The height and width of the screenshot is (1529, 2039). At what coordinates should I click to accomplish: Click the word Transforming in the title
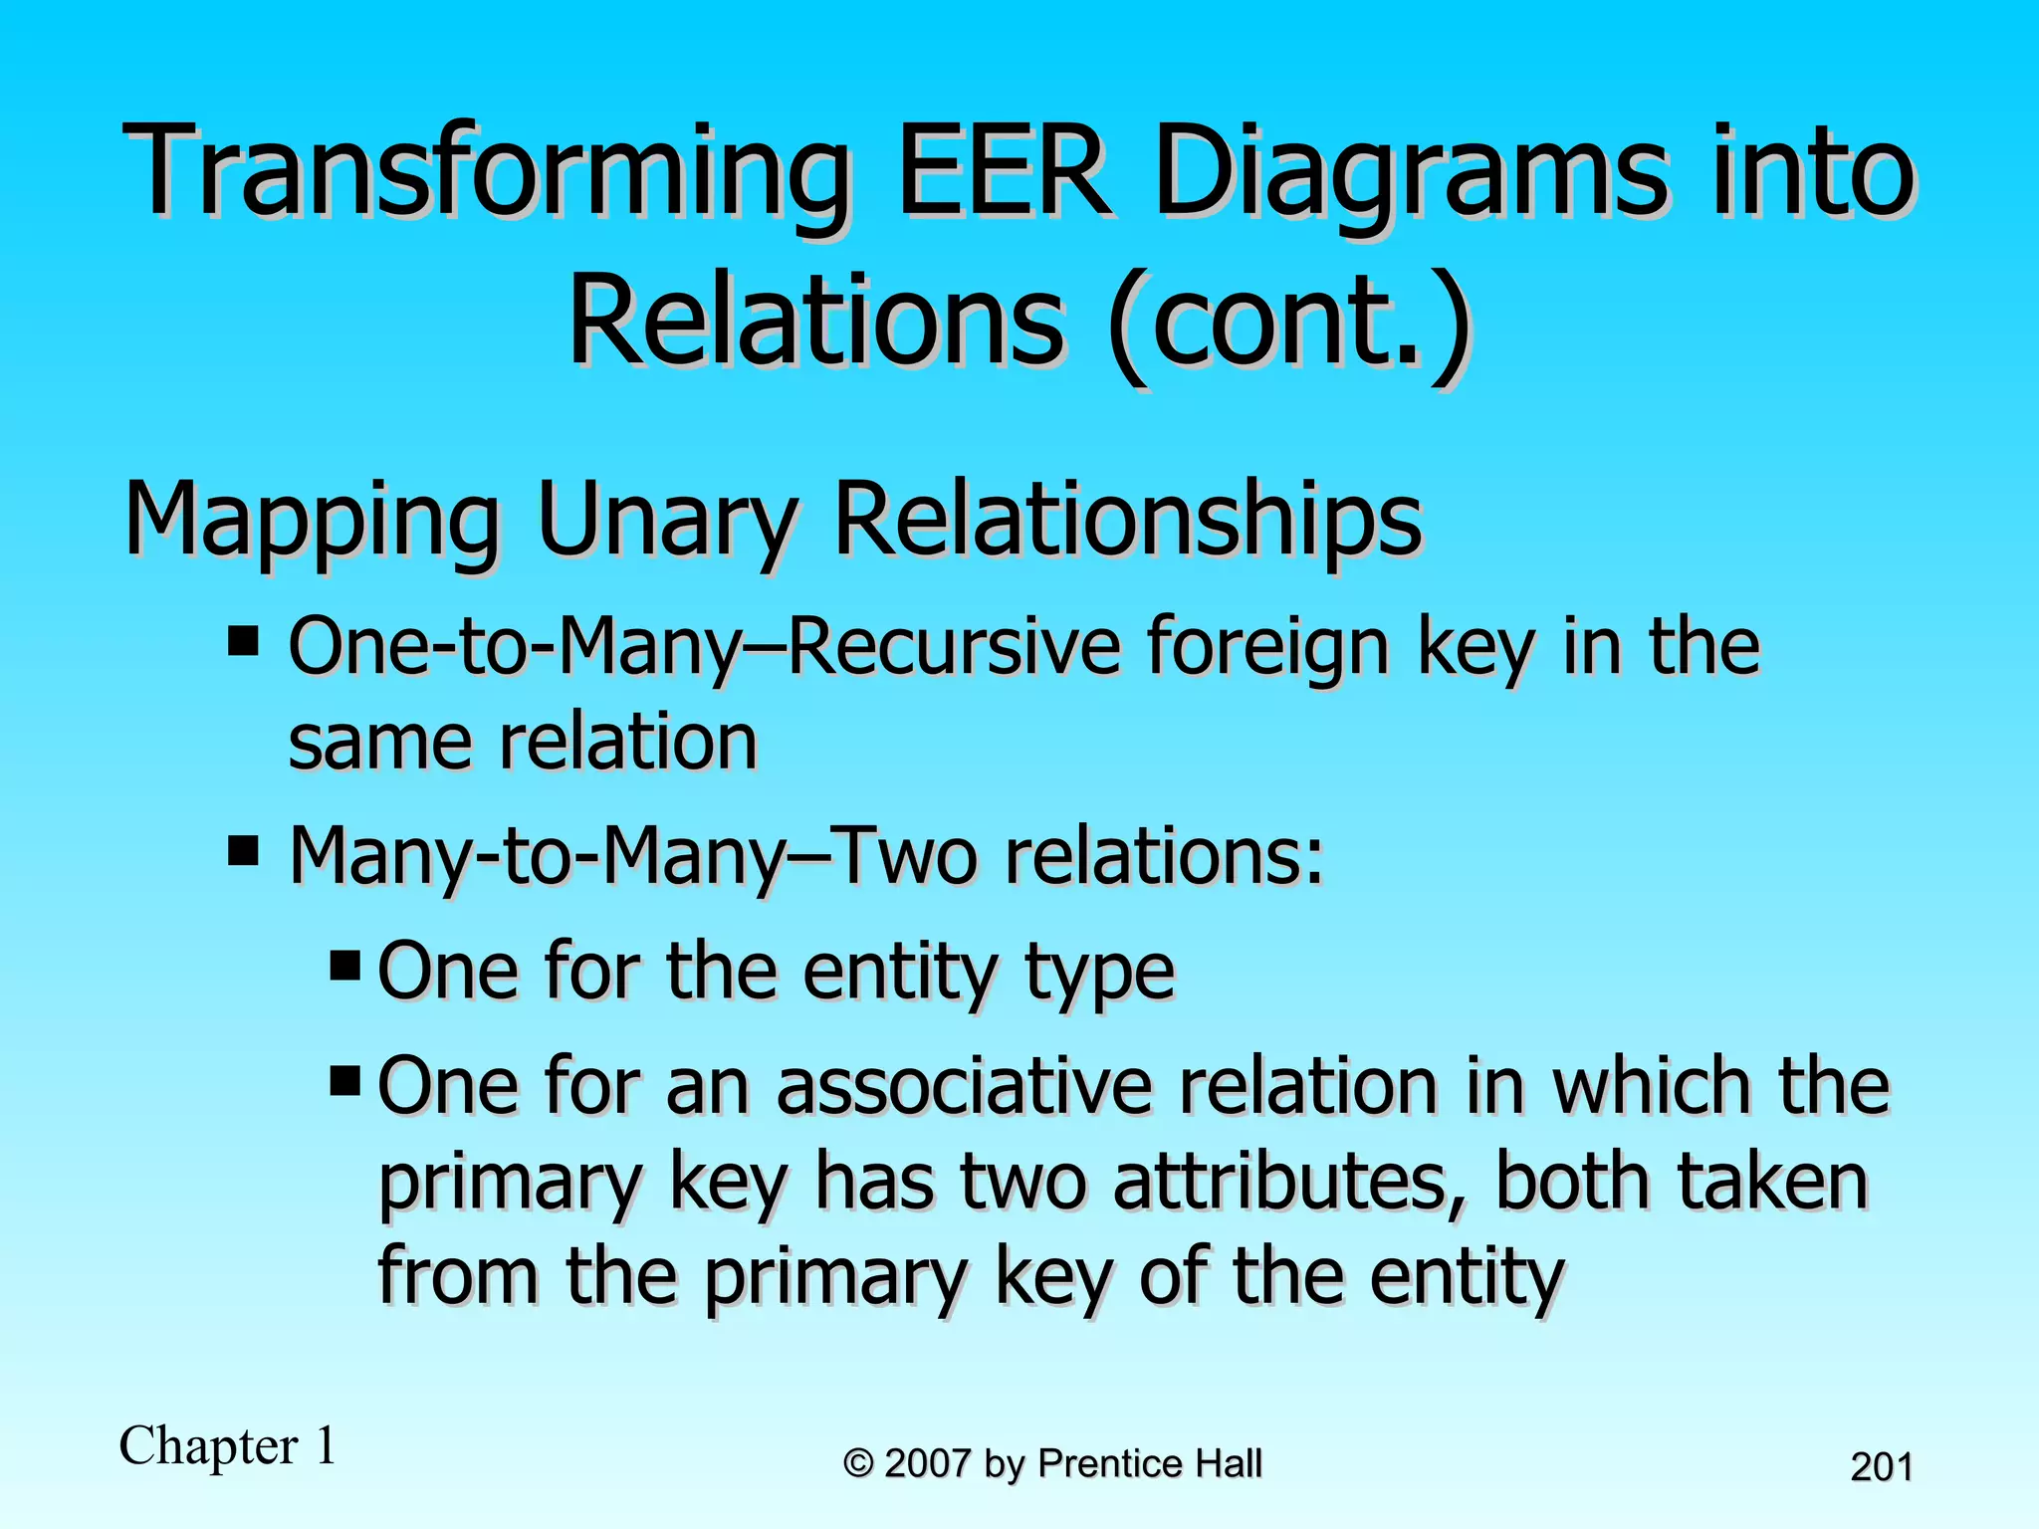point(488,171)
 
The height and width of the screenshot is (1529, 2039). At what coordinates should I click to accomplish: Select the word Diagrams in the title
point(1410,171)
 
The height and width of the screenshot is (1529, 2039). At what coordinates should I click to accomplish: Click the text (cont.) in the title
point(1288,324)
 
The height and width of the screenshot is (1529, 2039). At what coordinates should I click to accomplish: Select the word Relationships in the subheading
point(1128,520)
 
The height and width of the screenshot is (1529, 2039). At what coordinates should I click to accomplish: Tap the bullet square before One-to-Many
point(243,641)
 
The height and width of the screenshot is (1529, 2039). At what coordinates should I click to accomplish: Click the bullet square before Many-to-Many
point(243,851)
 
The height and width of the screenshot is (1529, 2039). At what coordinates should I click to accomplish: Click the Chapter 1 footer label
point(228,1445)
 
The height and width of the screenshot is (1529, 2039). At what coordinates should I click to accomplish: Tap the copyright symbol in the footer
point(858,1464)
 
